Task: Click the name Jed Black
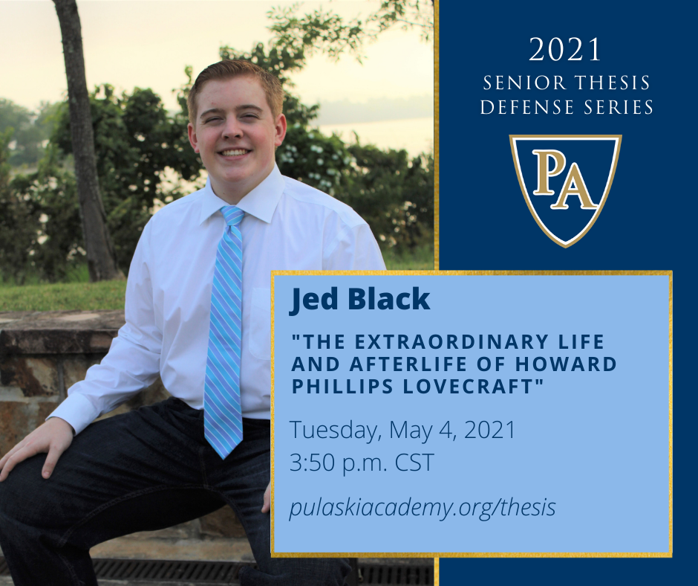359,299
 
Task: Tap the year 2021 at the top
565,50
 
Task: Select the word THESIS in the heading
612,83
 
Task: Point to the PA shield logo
565,190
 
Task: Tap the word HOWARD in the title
566,364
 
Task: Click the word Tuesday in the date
336,431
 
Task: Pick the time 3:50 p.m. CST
362,463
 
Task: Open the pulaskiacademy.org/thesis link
423,507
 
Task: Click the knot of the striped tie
232,216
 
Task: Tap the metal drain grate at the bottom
169,572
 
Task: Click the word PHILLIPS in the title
342,386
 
